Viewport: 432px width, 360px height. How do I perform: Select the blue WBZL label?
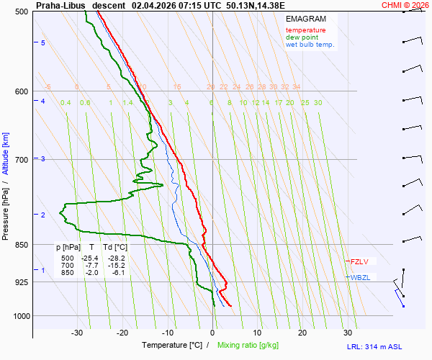click(x=360, y=277)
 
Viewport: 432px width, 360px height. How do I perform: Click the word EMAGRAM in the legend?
click(x=305, y=18)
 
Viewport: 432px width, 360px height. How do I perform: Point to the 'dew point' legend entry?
click(x=302, y=37)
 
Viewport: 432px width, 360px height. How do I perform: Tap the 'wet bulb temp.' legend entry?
click(x=310, y=45)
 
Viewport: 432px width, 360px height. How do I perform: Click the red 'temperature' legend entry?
click(x=305, y=30)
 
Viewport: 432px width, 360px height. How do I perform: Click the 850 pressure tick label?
click(x=22, y=245)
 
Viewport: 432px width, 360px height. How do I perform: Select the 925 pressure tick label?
click(x=22, y=282)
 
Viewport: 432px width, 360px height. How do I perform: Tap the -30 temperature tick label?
click(x=77, y=333)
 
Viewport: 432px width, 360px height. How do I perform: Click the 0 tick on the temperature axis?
click(x=212, y=333)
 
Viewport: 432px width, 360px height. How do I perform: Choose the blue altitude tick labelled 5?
click(x=43, y=43)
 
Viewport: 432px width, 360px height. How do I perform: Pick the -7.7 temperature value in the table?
click(x=91, y=265)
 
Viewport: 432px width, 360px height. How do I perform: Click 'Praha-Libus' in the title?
click(x=60, y=5)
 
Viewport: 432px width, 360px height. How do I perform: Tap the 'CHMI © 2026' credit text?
click(x=405, y=5)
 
